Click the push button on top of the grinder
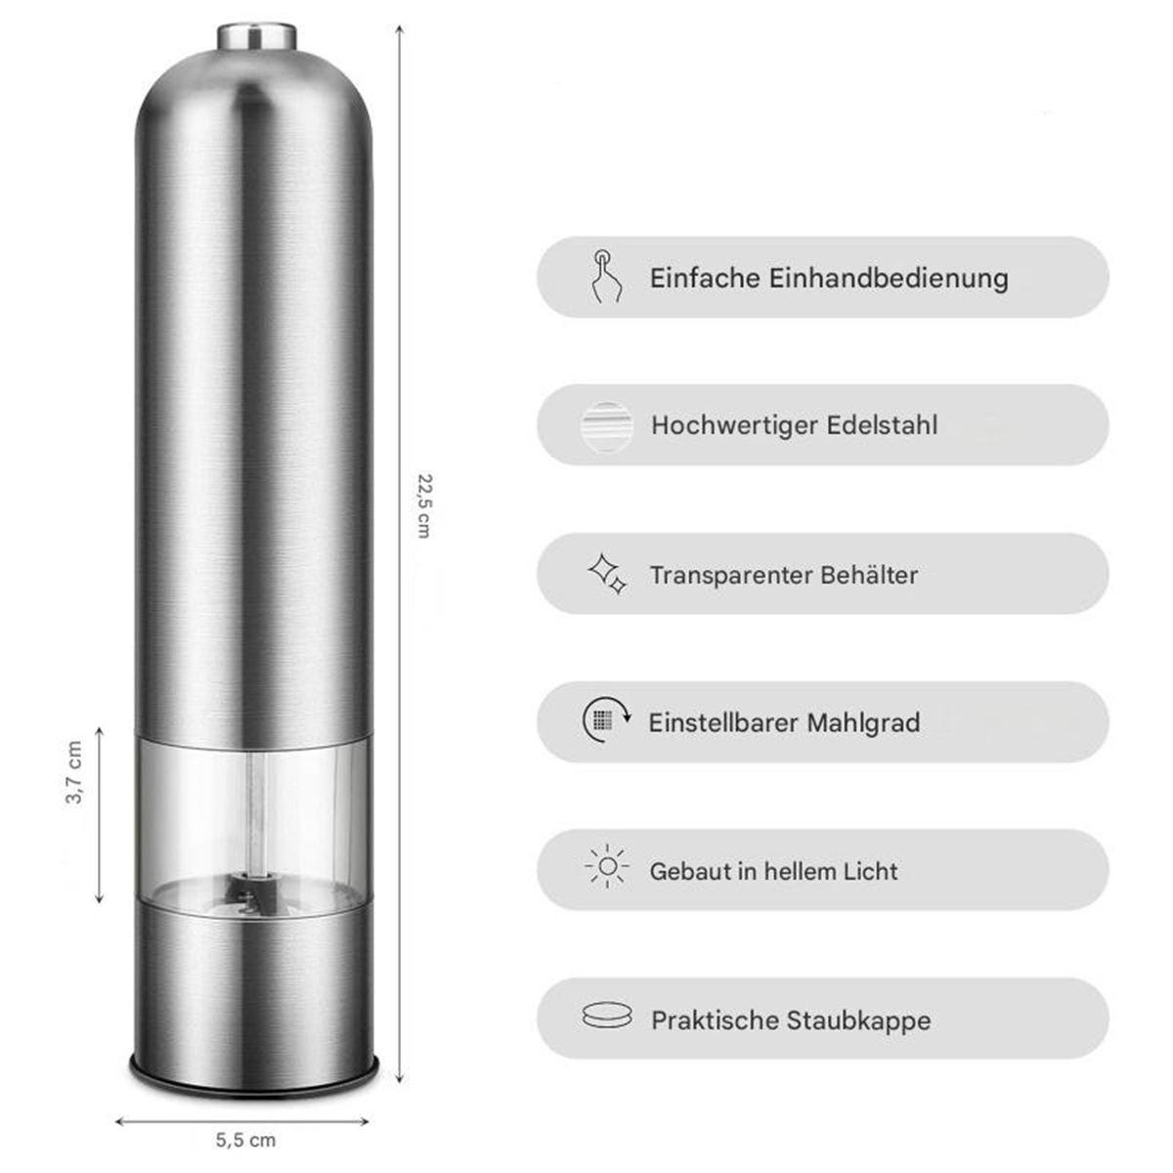[x=257, y=36]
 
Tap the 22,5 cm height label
[x=424, y=505]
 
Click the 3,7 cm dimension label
[x=73, y=772]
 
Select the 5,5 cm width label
[x=246, y=1140]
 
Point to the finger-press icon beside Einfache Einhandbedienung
[x=607, y=277]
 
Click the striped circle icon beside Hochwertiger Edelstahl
[x=606, y=427]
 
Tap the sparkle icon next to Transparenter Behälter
[x=607, y=574]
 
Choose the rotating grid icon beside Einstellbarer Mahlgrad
[x=606, y=720]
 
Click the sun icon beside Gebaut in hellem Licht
[x=607, y=866]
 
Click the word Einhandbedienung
[x=889, y=279]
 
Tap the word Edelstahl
[x=882, y=425]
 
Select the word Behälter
[x=869, y=575]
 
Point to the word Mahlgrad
[x=863, y=723]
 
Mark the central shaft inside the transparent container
[x=257, y=813]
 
